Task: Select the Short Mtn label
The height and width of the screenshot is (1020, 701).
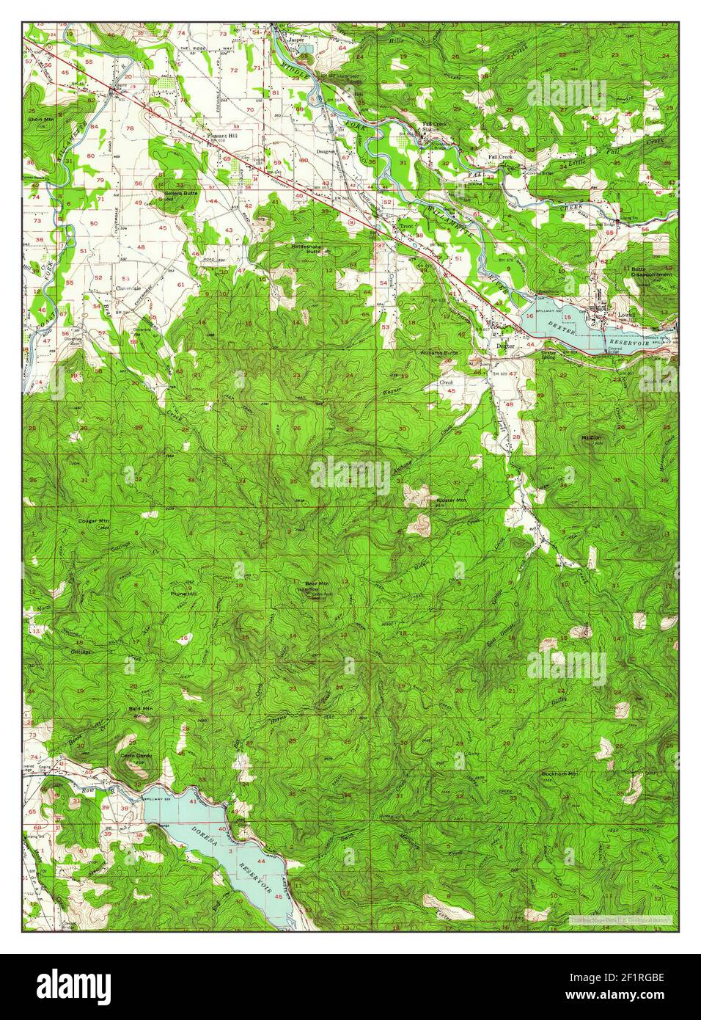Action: point(41,118)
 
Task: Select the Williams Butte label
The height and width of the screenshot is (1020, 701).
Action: point(438,353)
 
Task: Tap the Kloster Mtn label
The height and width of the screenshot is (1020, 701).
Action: point(451,500)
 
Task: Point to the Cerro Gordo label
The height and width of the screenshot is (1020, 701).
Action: point(137,755)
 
